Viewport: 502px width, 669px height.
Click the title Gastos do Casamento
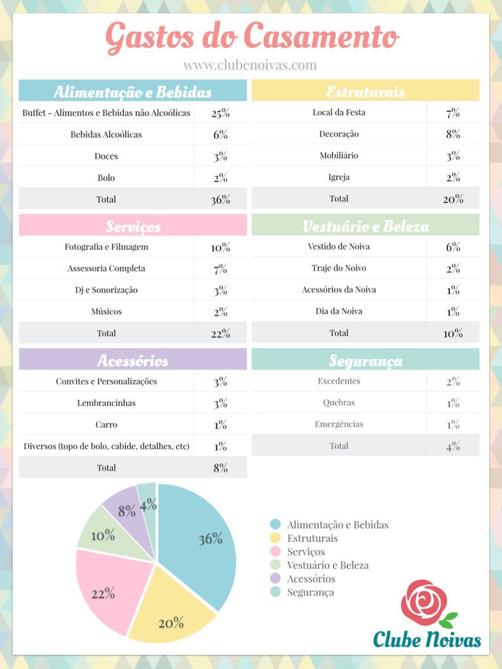(252, 38)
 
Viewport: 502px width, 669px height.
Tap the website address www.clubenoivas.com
(250, 65)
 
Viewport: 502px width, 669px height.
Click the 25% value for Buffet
(221, 113)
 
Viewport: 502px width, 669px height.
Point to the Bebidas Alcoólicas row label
(106, 134)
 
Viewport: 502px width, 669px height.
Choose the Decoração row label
(339, 134)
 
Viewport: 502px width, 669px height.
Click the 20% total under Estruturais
(453, 199)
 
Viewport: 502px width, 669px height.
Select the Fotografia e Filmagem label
(106, 246)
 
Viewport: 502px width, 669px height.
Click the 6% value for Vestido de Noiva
(453, 247)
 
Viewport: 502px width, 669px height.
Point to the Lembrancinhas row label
(106, 403)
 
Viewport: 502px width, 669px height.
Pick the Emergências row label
(339, 424)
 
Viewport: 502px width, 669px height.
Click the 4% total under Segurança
(453, 447)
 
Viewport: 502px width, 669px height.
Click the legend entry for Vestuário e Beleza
(320, 565)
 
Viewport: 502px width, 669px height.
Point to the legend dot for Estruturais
(275, 538)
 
